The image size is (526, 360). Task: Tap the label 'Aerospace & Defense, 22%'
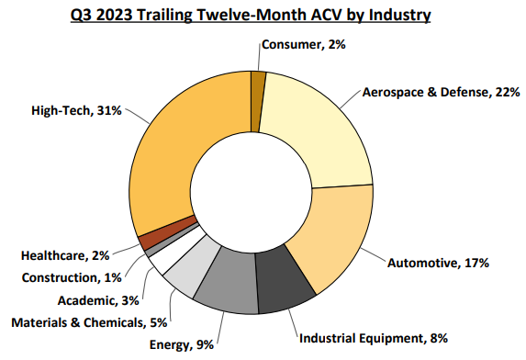click(x=442, y=92)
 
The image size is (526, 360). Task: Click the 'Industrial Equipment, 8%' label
click(x=373, y=339)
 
